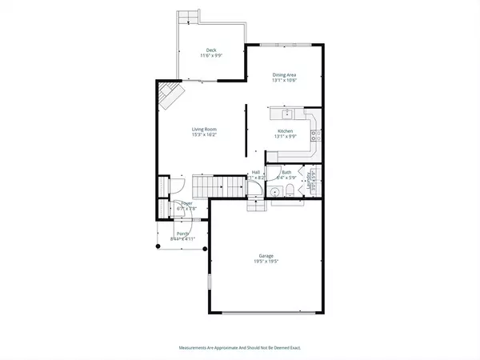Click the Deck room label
coord(212,52)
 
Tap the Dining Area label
coord(285,76)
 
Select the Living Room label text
coord(205,132)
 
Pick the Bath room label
coord(286,172)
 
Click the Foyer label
coord(186,205)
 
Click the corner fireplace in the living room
coord(170,96)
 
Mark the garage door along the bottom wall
coord(266,312)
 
